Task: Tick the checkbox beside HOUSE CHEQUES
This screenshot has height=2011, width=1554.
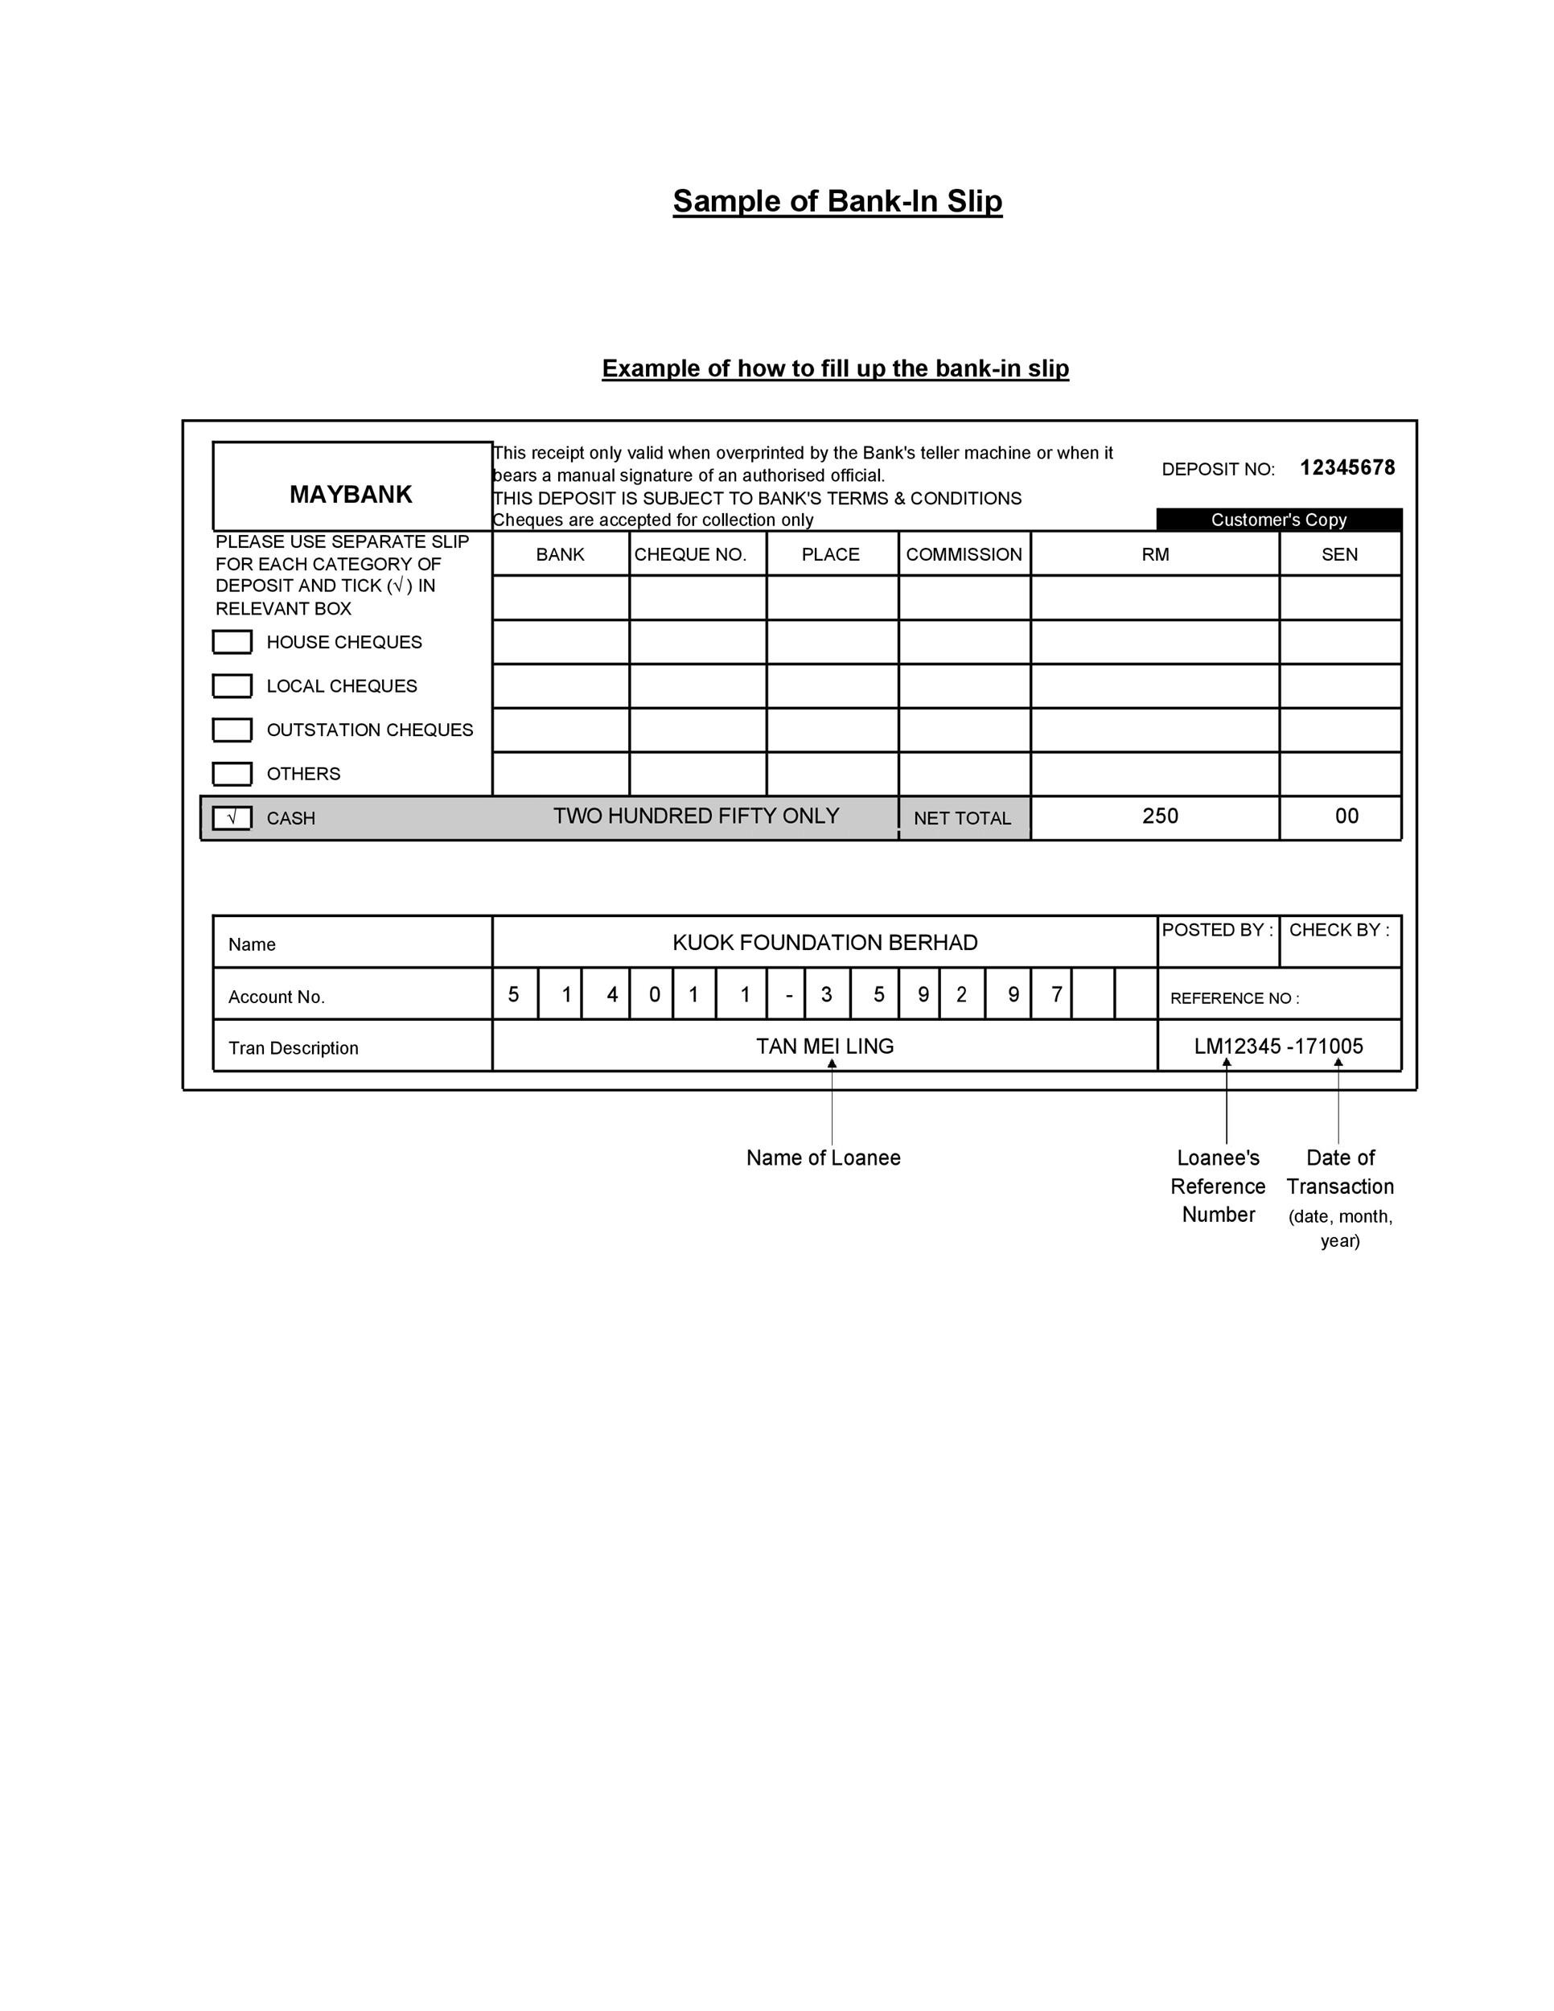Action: click(232, 642)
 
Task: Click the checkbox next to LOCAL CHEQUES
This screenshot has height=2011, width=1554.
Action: click(232, 686)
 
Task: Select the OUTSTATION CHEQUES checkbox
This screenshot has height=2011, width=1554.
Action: click(232, 730)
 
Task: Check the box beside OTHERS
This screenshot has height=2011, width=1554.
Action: click(232, 774)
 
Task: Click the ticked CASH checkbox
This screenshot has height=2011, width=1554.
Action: click(232, 817)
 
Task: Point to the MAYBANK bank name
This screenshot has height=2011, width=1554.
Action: click(351, 495)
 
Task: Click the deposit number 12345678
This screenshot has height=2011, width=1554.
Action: click(1346, 468)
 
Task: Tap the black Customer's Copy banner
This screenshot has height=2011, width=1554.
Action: click(1279, 520)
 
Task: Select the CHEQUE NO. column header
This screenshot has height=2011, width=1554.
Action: click(690, 554)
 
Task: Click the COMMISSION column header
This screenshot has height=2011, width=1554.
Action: click(964, 554)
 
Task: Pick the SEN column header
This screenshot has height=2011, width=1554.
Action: click(1339, 554)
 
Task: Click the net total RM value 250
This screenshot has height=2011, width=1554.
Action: click(1160, 816)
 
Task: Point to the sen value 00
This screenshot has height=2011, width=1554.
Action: click(1346, 816)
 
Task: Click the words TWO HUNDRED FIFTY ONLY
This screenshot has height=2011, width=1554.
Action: click(696, 816)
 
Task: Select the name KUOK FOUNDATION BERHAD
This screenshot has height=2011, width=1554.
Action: click(825, 943)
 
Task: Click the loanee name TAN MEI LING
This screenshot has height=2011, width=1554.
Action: click(825, 1046)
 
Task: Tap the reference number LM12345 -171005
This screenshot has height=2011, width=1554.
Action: click(1279, 1046)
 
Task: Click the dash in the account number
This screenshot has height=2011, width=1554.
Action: click(788, 995)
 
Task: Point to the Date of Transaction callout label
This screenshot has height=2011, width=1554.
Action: click(1340, 1172)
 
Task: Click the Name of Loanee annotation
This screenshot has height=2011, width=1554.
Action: click(823, 1158)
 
